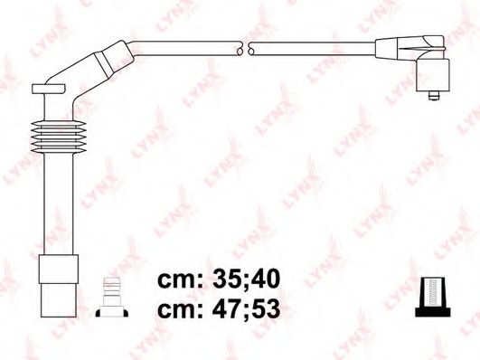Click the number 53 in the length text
263,308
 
